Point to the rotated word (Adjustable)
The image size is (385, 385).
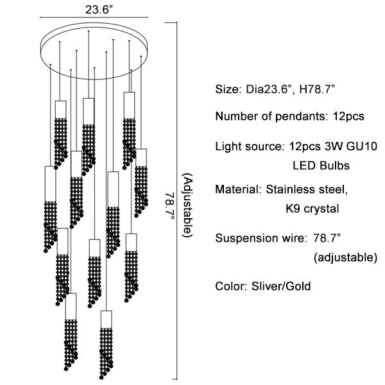(187, 206)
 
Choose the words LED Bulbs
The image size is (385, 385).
(321, 166)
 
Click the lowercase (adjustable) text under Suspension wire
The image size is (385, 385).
(345, 258)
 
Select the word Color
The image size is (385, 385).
(229, 286)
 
